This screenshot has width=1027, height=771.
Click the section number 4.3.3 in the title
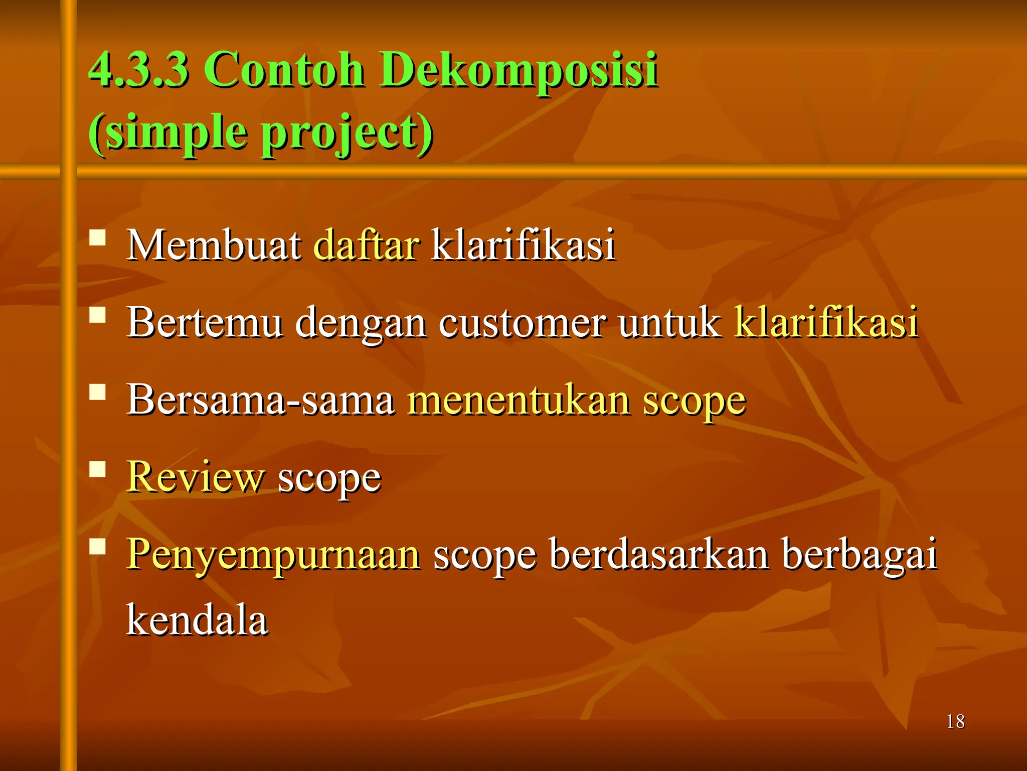[x=139, y=70]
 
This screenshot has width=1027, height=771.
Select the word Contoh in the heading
[x=284, y=70]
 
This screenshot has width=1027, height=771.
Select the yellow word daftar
[x=366, y=245]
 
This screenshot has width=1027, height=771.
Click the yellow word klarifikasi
[x=826, y=322]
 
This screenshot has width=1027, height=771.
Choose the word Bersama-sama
[x=260, y=400]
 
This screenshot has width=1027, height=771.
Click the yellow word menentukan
[x=519, y=400]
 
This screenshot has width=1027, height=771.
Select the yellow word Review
[x=195, y=477]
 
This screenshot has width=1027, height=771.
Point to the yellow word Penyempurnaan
[x=273, y=555]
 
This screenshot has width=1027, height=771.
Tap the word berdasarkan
[x=659, y=554]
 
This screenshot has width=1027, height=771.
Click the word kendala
[x=197, y=620]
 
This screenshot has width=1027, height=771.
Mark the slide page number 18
[x=955, y=722]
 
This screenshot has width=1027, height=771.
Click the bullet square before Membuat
[x=98, y=237]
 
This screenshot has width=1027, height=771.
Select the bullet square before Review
[x=98, y=469]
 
